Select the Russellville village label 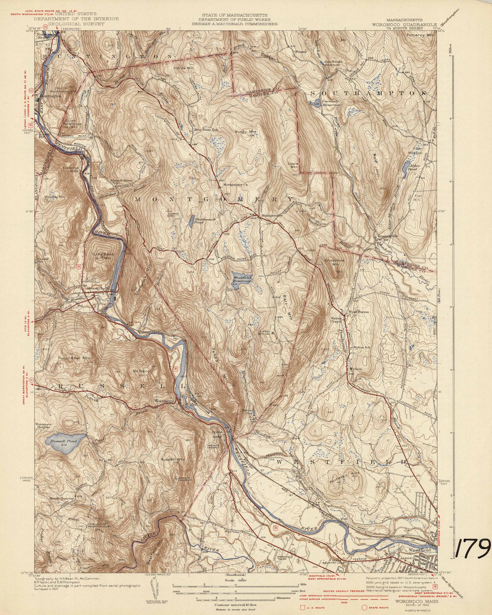[388, 236]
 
